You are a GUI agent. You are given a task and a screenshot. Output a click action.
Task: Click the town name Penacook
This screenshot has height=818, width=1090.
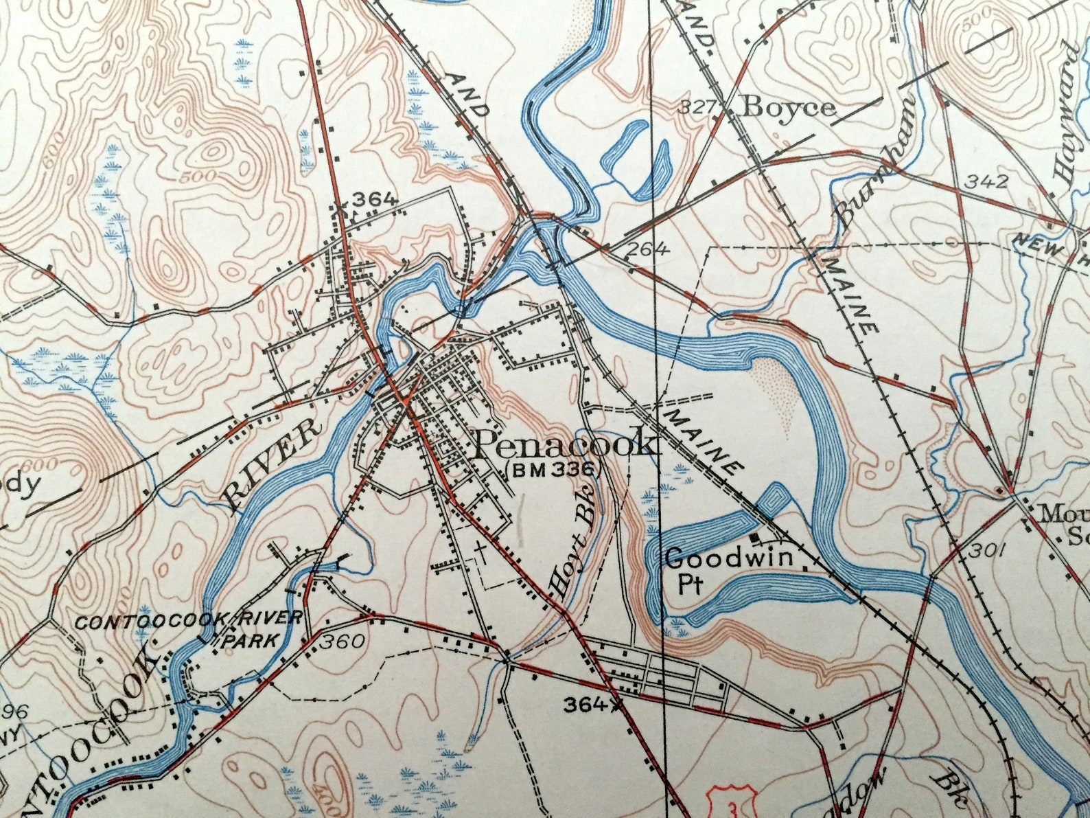coord(565,444)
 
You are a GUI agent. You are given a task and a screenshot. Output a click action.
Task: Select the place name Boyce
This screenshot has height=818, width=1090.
coord(789,107)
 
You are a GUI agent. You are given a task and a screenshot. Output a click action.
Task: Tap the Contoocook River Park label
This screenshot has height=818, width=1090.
coord(188,628)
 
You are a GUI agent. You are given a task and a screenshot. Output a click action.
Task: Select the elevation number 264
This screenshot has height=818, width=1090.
coord(647,249)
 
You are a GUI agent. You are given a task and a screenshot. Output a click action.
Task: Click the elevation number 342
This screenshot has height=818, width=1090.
coord(987,181)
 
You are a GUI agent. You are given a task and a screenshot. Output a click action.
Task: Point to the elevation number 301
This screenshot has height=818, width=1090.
coord(987,550)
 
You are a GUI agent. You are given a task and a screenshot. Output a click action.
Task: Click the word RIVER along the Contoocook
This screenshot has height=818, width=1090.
coord(272,467)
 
